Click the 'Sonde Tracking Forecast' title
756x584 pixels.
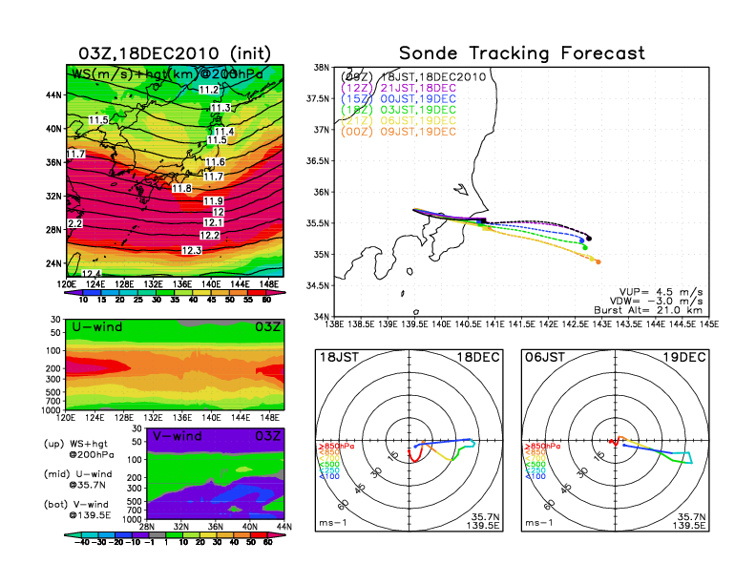coord(521,52)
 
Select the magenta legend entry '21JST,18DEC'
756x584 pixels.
coord(420,87)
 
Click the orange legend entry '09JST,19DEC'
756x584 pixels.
coord(420,131)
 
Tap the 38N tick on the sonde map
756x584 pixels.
coord(322,68)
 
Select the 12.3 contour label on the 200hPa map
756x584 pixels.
coord(192,250)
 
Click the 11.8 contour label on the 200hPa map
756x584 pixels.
coord(182,188)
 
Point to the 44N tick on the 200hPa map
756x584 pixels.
coord(54,95)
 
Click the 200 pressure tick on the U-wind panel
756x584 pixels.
coord(54,366)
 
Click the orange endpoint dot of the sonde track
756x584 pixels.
coord(598,261)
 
